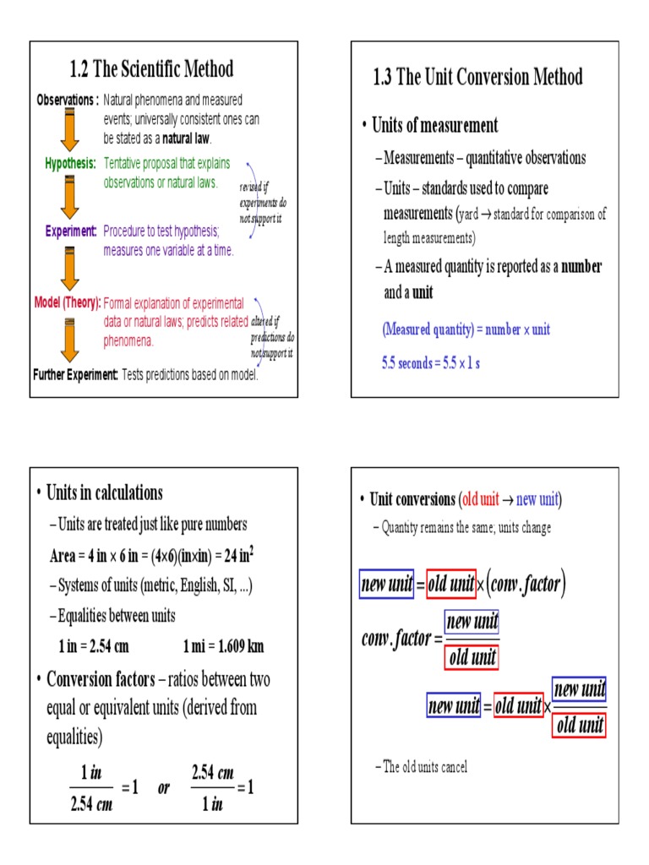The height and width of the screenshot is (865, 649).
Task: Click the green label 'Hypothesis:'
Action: [70, 162]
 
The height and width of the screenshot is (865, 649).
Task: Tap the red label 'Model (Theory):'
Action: [68, 302]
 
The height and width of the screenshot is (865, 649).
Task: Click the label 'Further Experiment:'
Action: [75, 374]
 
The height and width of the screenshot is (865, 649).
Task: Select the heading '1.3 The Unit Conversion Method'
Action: [477, 78]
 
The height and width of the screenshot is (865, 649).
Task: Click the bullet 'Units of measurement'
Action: [435, 126]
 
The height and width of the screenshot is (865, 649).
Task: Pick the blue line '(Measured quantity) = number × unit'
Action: [466, 329]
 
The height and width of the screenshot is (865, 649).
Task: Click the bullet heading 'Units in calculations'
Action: [105, 492]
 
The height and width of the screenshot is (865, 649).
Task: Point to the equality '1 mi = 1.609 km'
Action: [223, 647]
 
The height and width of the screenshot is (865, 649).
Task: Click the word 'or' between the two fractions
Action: [164, 788]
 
